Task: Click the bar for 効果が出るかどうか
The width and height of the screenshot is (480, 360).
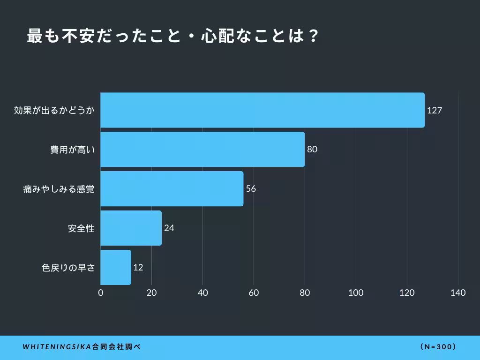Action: click(x=262, y=110)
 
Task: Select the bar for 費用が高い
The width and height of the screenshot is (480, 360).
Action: click(x=202, y=150)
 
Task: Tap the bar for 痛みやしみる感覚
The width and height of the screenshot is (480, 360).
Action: click(x=172, y=188)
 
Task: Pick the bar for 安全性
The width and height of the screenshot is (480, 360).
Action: click(x=131, y=228)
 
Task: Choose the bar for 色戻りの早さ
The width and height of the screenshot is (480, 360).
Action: click(x=116, y=267)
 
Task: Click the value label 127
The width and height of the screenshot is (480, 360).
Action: click(x=435, y=111)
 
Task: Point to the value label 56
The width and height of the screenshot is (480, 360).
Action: click(x=251, y=189)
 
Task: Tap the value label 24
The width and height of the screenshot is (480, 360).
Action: click(x=169, y=228)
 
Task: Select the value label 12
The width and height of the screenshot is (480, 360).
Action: click(x=138, y=268)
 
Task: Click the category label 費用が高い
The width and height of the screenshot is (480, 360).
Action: click(x=73, y=150)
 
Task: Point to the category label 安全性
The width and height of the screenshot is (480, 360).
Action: click(x=81, y=229)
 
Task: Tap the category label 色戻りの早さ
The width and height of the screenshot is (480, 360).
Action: click(x=68, y=268)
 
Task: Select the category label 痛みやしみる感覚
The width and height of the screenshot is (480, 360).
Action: click(x=59, y=189)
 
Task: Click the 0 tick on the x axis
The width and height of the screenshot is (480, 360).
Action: click(x=101, y=293)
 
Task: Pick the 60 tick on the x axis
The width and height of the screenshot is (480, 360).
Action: click(x=254, y=293)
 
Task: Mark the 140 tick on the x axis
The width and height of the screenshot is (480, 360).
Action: click(x=458, y=293)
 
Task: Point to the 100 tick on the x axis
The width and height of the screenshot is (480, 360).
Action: click(x=356, y=293)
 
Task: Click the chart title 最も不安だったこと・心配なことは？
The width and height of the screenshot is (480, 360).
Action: click(x=173, y=36)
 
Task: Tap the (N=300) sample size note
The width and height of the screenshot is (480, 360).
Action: click(x=438, y=347)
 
